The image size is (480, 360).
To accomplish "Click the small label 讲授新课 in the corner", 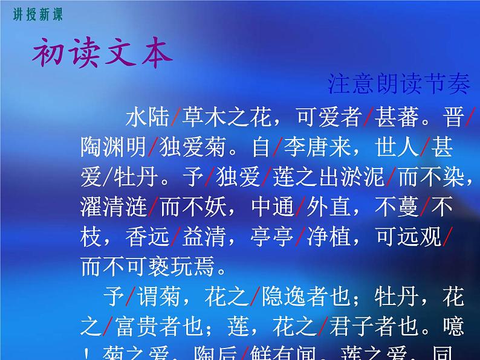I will (37, 15).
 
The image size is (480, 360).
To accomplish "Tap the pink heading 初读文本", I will (102, 56).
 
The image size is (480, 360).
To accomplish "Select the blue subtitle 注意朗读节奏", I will (399, 84).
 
